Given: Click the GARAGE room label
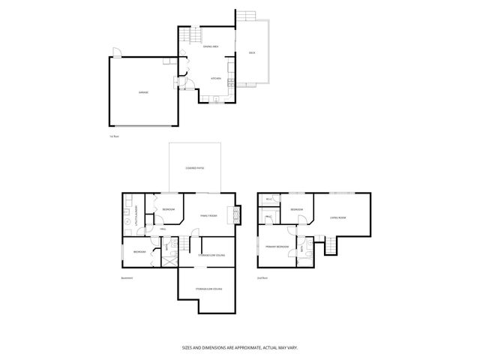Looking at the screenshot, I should [142, 92].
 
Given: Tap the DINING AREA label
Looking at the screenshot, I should [210, 46].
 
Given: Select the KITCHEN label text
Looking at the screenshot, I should [215, 78].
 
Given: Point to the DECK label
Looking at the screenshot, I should [252, 52].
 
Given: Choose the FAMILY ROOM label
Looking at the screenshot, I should [208, 216].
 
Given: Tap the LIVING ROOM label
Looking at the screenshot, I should [337, 218].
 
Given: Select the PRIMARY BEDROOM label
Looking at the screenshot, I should [277, 247].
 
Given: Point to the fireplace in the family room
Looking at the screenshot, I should [238, 215].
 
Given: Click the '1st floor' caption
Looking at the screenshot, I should [115, 136].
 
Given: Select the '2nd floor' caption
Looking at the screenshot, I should [262, 278].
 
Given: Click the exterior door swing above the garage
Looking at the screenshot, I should [115, 52].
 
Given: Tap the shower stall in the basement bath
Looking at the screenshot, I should [171, 259].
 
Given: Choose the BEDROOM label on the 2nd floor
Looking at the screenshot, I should [296, 209].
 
